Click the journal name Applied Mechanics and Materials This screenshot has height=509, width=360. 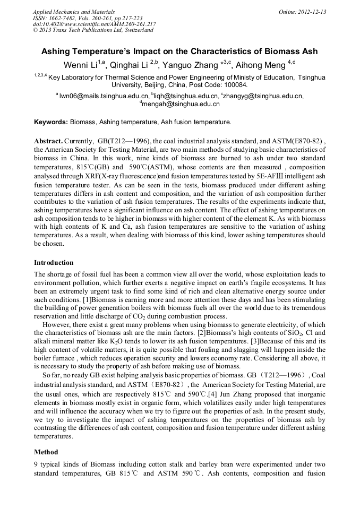[73, 12]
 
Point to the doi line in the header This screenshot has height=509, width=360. [94, 24]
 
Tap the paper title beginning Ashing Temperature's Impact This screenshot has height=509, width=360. [179, 51]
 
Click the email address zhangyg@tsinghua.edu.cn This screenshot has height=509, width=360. [263, 96]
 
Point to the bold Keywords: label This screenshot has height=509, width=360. [51, 122]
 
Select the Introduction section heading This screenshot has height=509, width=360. [54, 263]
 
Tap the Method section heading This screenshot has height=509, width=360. [46, 452]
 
